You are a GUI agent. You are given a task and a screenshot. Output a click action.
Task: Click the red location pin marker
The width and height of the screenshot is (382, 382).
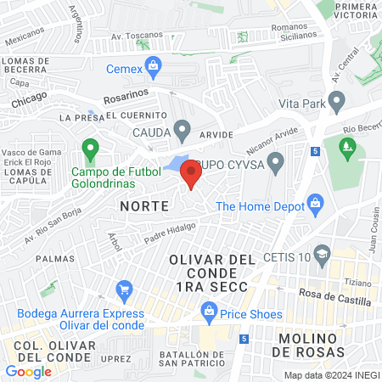pyautogui.click(x=191, y=174)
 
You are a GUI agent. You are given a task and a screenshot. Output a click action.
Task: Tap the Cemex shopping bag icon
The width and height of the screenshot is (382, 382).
pyautogui.click(x=153, y=65)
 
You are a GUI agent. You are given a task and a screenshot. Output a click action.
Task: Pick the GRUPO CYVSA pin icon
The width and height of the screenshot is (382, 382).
pyautogui.click(x=274, y=161)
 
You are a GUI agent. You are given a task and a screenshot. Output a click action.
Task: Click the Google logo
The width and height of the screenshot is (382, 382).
pyautogui.click(x=28, y=371)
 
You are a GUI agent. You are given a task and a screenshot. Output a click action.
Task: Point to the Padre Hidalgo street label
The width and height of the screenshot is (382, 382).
pyautogui.click(x=170, y=234)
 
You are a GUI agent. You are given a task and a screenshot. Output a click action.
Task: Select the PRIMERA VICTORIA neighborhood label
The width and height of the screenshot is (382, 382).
pyautogui.click(x=350, y=10)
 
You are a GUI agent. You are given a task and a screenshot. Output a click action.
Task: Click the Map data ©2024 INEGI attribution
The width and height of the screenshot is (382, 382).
pyautogui.click(x=330, y=375)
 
